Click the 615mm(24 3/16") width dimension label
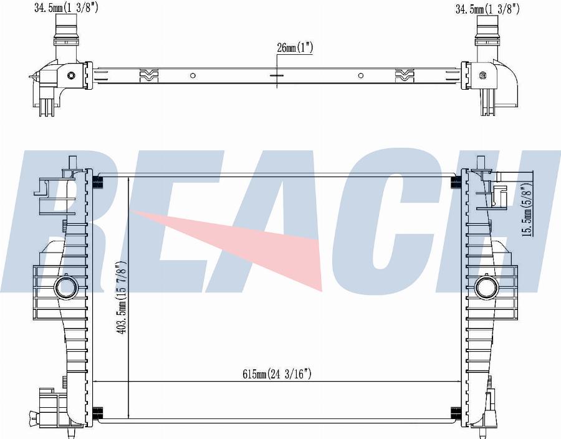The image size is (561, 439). (x=277, y=374)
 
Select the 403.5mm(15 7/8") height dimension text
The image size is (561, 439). (x=122, y=297)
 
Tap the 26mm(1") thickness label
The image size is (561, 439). (x=295, y=47)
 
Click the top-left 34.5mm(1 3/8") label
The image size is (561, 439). (x=66, y=7)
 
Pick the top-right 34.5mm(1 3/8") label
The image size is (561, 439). (x=487, y=9)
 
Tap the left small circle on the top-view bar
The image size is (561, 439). (x=193, y=75)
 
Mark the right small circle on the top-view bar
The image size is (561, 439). (x=361, y=75)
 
